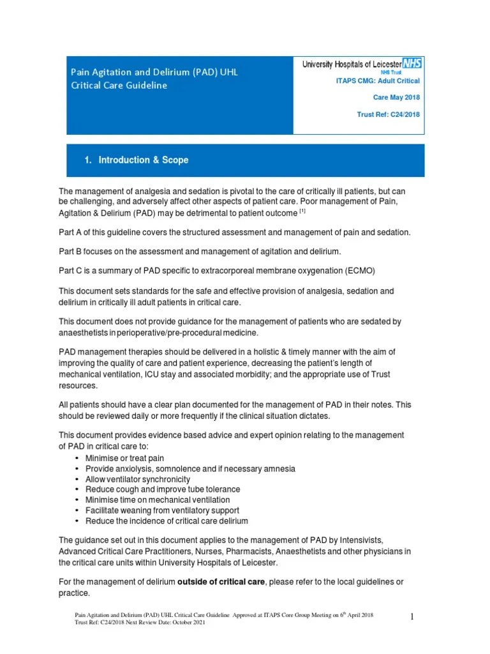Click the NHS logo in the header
(x=412, y=64)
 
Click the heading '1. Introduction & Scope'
(x=137, y=160)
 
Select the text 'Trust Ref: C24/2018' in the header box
(x=388, y=115)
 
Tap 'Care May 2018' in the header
(x=396, y=98)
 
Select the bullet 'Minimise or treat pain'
(x=126, y=458)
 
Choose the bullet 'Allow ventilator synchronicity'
(x=137, y=479)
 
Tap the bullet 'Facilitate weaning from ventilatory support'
(x=162, y=510)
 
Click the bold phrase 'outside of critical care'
(x=222, y=582)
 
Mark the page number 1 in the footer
(x=412, y=617)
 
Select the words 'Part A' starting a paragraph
(x=70, y=232)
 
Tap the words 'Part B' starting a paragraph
(x=70, y=252)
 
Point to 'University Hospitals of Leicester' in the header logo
(x=352, y=65)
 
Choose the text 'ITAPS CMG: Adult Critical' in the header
(x=378, y=80)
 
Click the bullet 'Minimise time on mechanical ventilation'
(x=157, y=500)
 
